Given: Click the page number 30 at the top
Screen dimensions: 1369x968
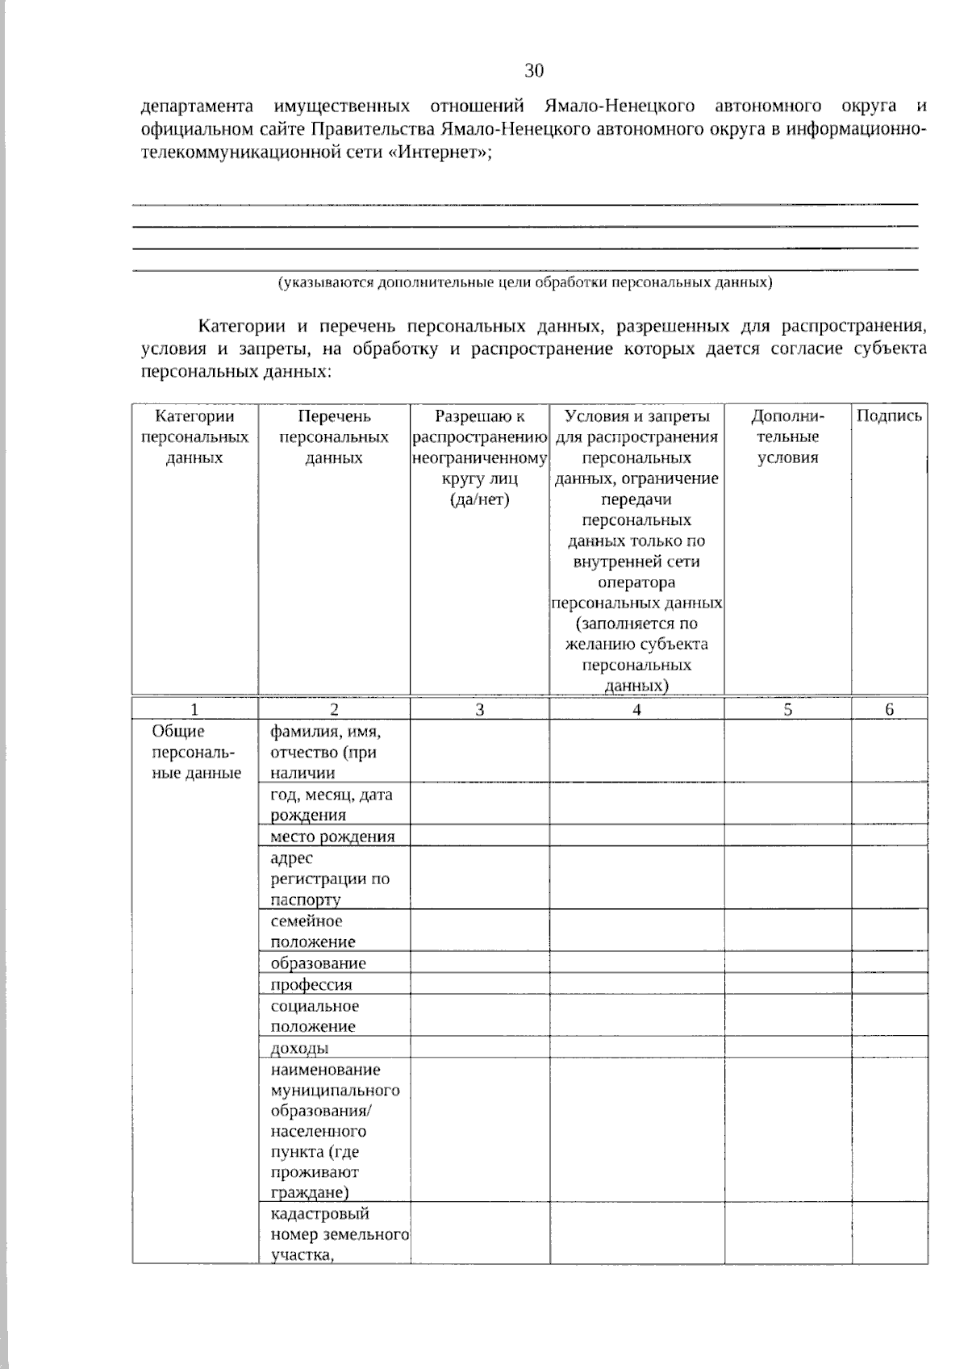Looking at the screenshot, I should coord(534,71).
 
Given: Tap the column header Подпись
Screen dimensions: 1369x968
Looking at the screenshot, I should coord(889,416).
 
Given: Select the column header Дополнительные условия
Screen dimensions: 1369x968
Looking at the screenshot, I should coord(787,437).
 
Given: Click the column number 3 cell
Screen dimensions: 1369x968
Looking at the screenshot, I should coord(480,710).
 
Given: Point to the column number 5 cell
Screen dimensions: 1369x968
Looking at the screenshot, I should coord(787,710).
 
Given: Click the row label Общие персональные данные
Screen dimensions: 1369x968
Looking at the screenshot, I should coord(196,752).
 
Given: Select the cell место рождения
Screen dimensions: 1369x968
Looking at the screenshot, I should coord(332,837).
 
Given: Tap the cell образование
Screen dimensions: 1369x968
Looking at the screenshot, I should coord(318,963).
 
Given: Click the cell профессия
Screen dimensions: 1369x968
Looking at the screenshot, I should coord(311,985).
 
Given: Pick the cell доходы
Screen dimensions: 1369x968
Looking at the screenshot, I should coord(299,1049).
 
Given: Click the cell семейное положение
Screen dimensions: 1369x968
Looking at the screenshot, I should coord(313,932).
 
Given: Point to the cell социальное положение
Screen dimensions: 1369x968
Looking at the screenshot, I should coord(315,1016).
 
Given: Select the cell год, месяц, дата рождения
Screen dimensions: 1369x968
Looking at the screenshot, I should coord(332,804).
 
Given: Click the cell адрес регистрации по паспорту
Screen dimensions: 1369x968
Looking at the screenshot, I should coord(330,879).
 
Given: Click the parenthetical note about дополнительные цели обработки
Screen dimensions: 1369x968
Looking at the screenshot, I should coord(525,283).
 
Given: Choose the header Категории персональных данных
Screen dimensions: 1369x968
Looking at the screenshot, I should coord(194,437).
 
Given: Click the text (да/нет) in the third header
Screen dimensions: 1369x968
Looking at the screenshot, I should coord(480,499).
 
